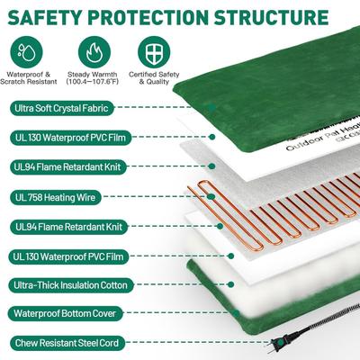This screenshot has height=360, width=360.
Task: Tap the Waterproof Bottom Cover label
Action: (x=63, y=314)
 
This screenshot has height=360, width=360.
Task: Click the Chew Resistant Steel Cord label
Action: (x=68, y=343)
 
